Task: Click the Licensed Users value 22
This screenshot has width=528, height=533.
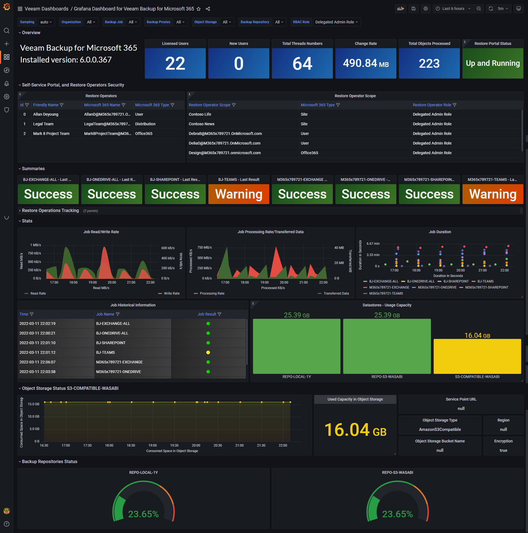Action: pos(175,63)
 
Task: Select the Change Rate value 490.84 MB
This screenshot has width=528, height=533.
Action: pos(365,63)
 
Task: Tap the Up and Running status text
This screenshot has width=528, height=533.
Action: pos(493,63)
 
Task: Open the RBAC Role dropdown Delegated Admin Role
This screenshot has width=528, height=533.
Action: pos(336,22)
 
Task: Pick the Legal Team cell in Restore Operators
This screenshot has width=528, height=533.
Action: pos(43,124)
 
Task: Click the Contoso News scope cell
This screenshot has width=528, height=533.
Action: pos(202,124)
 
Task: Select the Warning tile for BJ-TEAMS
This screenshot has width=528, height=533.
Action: pos(239,194)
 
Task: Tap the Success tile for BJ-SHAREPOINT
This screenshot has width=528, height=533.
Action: pos(175,194)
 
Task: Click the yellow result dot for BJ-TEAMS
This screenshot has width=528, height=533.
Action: pos(208,352)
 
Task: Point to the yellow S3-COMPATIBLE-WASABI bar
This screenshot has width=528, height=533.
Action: pos(477,356)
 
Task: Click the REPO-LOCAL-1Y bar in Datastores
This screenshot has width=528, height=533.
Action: pos(296,346)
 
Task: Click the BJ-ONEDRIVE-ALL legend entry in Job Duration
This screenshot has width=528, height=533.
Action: pos(420,281)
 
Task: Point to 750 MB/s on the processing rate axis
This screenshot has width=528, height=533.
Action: pos(205,248)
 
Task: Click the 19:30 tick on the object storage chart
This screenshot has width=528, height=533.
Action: pos(174,445)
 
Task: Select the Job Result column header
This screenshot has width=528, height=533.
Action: pos(207,314)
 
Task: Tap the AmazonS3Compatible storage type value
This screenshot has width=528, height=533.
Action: pos(439,429)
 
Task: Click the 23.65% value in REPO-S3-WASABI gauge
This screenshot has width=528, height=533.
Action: pos(397,514)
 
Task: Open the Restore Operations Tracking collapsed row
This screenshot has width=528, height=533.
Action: pos(50,211)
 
